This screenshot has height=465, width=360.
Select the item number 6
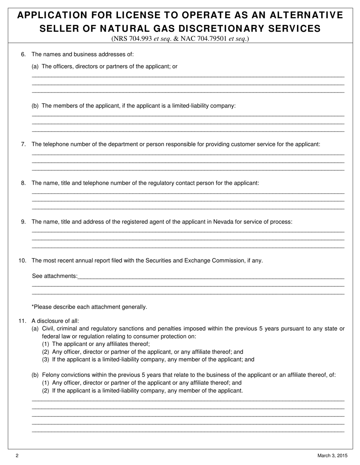[x=23, y=54]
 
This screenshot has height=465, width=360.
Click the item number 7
[x=23, y=144]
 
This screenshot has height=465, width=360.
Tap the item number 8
[x=23, y=183]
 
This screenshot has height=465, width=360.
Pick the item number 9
[x=23, y=222]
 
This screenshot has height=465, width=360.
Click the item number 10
[x=22, y=261]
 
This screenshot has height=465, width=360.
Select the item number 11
[x=22, y=321]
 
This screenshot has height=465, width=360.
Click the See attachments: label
[x=55, y=276]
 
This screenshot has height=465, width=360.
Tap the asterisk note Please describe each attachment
[x=89, y=307]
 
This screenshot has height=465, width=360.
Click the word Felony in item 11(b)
[x=50, y=375]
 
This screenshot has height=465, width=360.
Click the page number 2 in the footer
[x=17, y=456]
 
